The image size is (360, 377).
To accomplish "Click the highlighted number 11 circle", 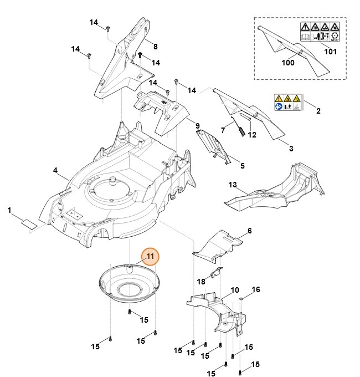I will (150, 257).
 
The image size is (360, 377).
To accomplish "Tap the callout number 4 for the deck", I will (55, 171).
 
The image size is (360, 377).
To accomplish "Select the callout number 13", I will (232, 185).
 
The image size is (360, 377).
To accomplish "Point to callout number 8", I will (155, 46).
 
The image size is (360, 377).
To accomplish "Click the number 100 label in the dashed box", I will (287, 63).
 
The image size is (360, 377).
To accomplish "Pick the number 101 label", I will (330, 52).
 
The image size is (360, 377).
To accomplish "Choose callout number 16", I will (255, 290).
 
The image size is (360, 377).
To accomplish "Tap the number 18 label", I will (201, 282).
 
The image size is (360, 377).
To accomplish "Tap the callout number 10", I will (235, 290).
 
